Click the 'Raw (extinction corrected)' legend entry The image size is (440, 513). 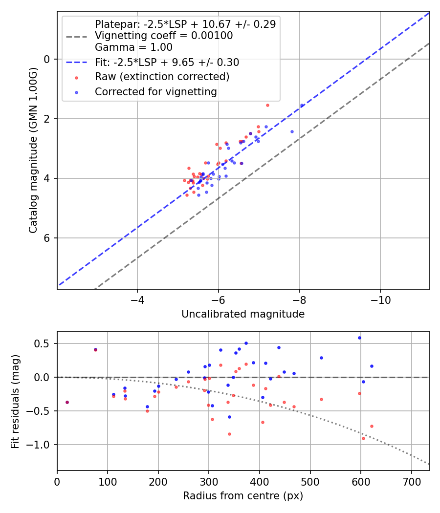coord(162,77)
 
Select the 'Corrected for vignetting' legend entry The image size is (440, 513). coord(156,91)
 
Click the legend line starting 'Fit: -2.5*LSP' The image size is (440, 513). coord(167,63)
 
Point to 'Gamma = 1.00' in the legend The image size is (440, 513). coord(133,48)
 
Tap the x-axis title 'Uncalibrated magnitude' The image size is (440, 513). coord(243,314)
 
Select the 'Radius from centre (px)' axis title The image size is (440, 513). coord(243,496)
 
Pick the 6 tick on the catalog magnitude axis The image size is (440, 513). coord(48,238)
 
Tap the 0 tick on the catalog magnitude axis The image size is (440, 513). coord(48,59)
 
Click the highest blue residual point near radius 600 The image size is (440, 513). coord(359,338)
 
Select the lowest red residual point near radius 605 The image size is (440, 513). coord(363,438)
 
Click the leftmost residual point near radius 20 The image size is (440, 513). coord(67,402)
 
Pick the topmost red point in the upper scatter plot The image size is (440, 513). coord(267,105)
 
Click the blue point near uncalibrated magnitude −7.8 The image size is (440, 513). coord(292,131)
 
